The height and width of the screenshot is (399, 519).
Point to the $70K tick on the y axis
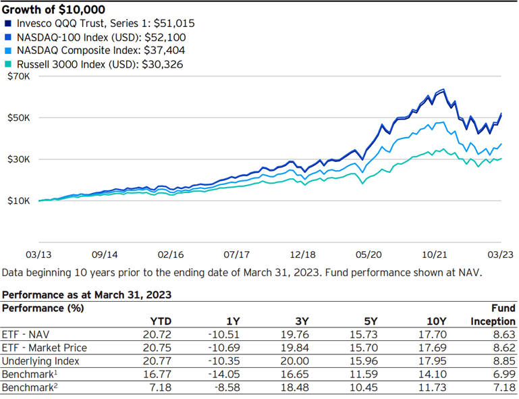(x=18, y=76)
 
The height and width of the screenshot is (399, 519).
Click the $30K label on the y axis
(x=18, y=159)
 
